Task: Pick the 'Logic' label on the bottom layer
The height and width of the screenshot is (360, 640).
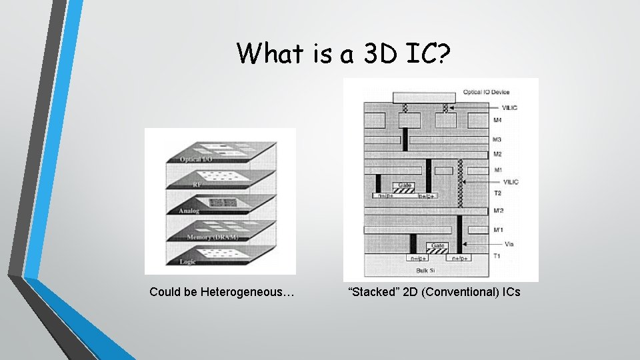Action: tap(188, 262)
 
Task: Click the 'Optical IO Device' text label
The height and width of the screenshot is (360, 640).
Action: tap(486, 92)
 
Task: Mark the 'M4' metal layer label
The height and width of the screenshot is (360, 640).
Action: tap(497, 121)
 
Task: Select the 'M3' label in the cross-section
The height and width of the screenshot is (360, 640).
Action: tap(497, 139)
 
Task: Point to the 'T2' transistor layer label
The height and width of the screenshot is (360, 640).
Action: tap(497, 193)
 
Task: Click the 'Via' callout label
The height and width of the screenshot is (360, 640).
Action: tap(509, 244)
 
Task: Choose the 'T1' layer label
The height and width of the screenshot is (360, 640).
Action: tap(497, 256)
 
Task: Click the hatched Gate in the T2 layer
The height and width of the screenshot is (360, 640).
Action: tap(404, 189)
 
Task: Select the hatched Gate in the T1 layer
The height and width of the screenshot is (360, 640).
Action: tap(437, 249)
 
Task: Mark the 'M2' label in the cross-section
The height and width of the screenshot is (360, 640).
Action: tap(497, 154)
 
